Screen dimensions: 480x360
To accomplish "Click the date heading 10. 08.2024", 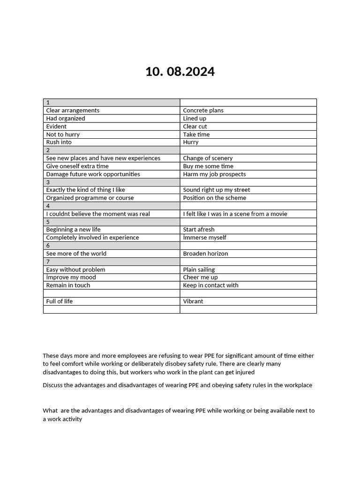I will click(180, 72).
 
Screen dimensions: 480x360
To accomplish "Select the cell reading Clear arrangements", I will click(73, 111).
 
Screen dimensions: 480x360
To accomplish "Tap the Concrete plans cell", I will click(203, 111).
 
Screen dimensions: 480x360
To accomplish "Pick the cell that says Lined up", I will click(195, 119).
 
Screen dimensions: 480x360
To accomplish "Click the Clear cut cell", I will click(195, 127).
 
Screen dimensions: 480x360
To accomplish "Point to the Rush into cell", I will click(59, 142).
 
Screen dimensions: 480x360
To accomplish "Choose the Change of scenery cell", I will click(208, 158).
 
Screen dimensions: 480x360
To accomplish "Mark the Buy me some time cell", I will click(208, 166).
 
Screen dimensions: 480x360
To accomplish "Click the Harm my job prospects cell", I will click(214, 174).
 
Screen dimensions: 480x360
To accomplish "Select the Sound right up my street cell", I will click(217, 190).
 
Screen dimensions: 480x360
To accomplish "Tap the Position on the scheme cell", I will click(215, 198).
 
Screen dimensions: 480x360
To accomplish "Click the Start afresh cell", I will click(199, 230).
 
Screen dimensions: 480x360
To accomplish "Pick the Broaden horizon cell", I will click(205, 254).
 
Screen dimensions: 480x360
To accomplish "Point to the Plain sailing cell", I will click(199, 270).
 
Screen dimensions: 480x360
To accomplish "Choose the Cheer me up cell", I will click(200, 277).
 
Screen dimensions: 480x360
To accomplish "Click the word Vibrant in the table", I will click(193, 301).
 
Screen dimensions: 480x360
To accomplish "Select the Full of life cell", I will click(60, 301).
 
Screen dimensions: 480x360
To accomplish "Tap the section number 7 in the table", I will click(48, 262).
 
